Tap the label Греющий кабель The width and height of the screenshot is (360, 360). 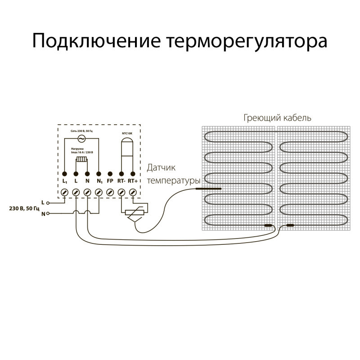click(278, 118)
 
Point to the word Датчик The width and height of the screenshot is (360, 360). click(161, 168)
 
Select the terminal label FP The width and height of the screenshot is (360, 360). click(110, 181)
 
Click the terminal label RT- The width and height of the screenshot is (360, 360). click(121, 181)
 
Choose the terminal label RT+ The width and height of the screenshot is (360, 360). click(133, 181)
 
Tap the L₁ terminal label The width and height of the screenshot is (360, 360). click(65, 181)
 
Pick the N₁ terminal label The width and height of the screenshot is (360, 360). click(99, 181)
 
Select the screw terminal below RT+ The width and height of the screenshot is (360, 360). click(133, 192)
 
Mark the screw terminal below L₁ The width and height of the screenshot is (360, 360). click(65, 192)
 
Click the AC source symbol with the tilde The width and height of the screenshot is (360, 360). click(82, 139)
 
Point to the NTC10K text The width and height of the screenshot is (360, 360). click(127, 134)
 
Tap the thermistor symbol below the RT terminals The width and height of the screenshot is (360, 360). click(134, 214)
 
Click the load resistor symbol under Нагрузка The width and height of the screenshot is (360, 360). click(82, 159)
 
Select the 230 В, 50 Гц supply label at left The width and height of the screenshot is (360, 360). click(23, 209)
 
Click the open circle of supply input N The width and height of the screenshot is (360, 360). click(48, 214)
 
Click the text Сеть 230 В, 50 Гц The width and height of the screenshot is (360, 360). click(82, 130)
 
